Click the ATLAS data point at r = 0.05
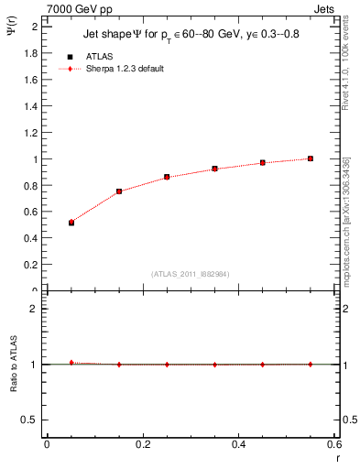coord(71,223)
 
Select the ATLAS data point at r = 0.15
coord(119,191)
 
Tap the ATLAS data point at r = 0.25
coord(167,177)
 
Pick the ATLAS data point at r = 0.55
coord(311,158)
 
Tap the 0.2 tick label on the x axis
coord(142,445)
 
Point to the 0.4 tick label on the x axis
coord(238,445)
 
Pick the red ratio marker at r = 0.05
coord(71,363)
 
